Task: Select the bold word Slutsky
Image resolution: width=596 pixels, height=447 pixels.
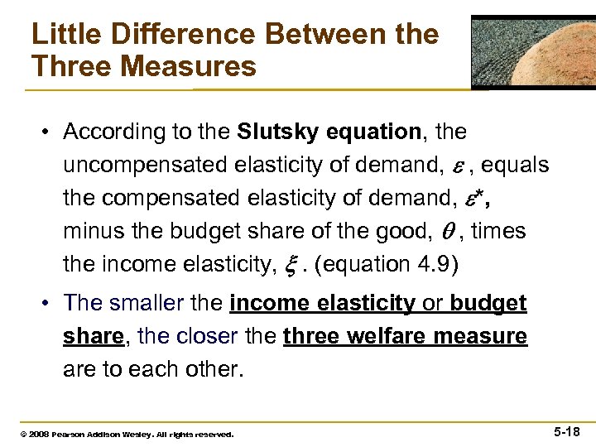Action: (279, 132)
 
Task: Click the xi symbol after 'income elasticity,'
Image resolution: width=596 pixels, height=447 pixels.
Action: (290, 264)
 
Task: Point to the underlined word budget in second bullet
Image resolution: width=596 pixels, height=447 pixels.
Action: (489, 304)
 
